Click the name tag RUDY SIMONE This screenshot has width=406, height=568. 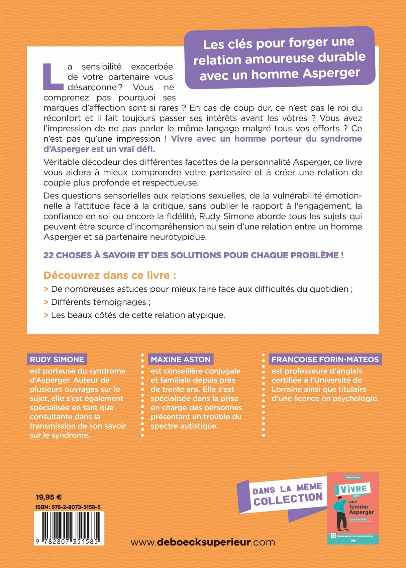(57, 360)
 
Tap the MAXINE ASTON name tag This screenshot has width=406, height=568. (181, 360)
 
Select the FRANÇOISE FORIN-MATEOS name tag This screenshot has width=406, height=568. (325, 360)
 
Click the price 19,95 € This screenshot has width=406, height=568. (48, 497)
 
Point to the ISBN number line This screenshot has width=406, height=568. (68, 507)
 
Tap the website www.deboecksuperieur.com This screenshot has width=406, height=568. (203, 542)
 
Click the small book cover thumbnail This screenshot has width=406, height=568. (353, 509)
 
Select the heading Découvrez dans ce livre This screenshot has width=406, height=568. (110, 275)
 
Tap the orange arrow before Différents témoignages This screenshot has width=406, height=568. (46, 302)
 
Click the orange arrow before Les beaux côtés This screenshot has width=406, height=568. (46, 315)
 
